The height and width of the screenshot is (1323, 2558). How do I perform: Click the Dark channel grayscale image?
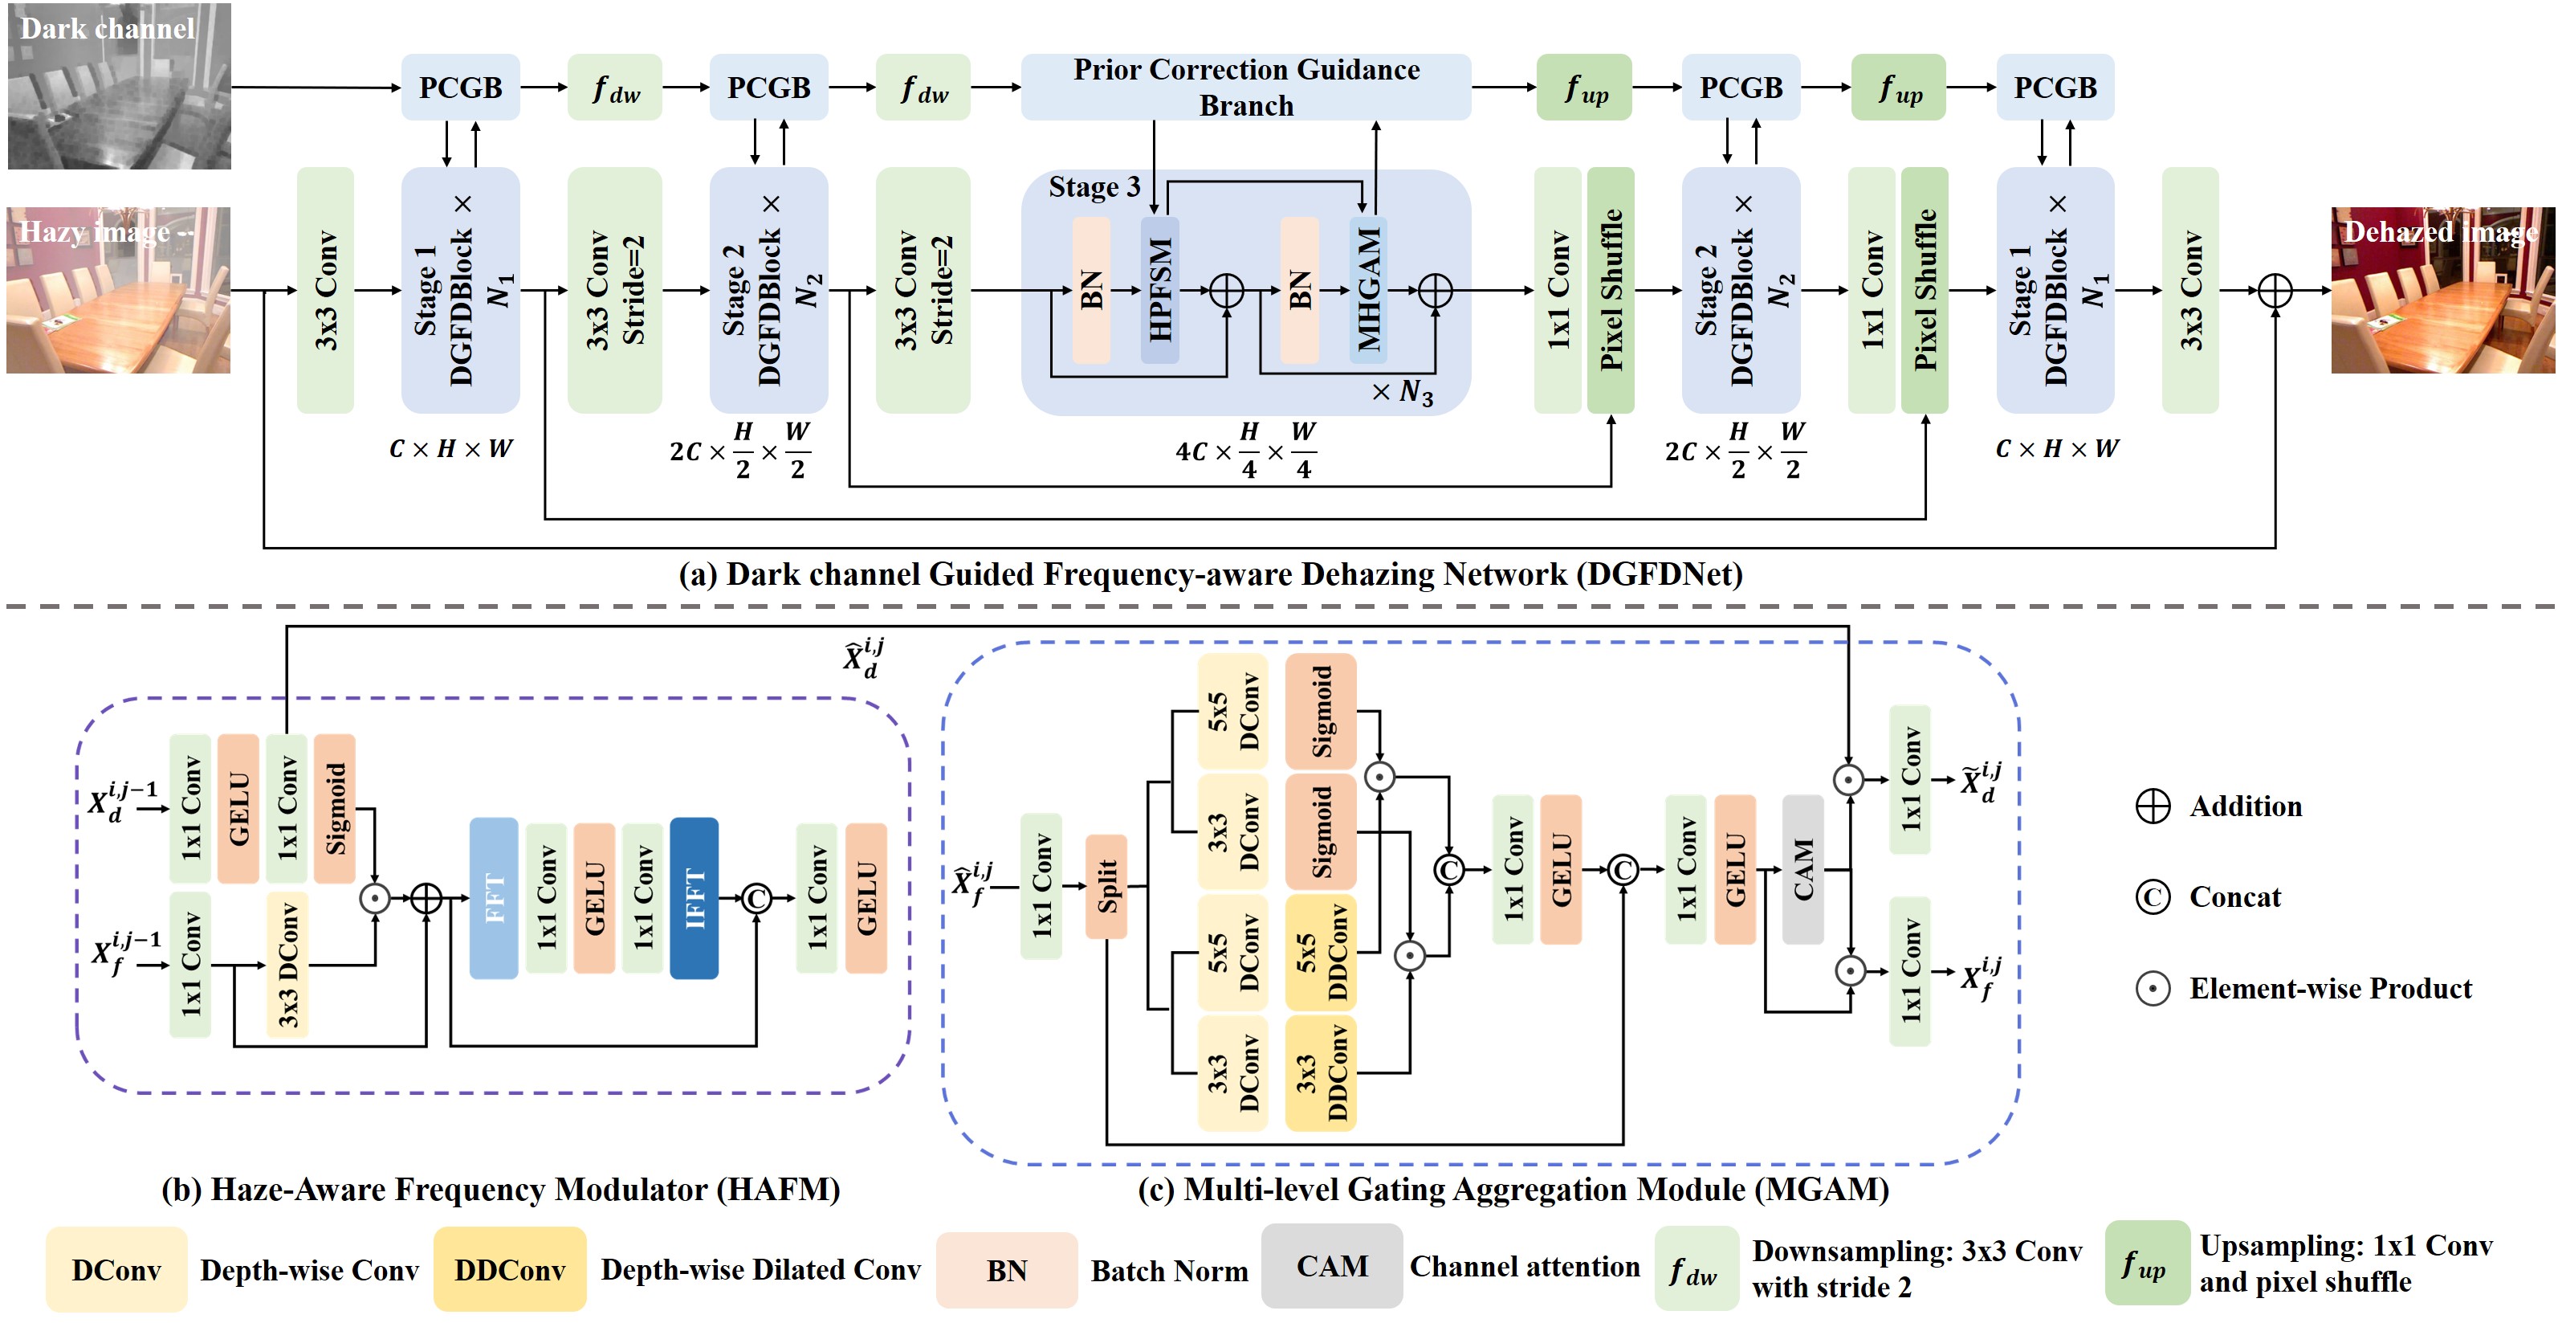pos(119,87)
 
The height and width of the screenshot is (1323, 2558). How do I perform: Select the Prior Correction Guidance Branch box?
pos(1245,88)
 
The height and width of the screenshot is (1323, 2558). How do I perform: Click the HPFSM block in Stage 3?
pos(1159,289)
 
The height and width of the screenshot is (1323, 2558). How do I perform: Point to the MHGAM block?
pos(1367,289)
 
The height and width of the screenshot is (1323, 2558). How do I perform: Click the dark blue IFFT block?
pos(694,898)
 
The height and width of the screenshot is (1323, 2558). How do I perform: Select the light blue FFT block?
pos(494,898)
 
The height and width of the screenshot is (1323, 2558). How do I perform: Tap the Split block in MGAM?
pos(1106,886)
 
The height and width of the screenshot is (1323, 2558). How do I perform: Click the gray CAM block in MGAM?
pos(1802,869)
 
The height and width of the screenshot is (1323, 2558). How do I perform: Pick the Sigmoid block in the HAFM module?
pos(335,808)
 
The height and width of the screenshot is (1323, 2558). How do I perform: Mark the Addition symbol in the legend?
pos(2152,806)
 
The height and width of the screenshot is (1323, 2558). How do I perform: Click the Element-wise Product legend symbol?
pos(2152,988)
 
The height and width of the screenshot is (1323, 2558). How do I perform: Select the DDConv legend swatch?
pos(509,1269)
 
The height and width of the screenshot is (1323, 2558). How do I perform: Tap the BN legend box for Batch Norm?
pos(1006,1270)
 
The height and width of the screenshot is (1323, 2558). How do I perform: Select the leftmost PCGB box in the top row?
pos(460,88)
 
